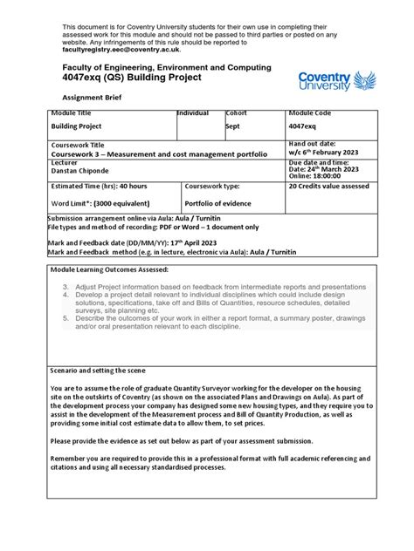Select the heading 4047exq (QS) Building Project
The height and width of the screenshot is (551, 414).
(x=131, y=78)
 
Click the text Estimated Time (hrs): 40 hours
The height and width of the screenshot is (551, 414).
(x=99, y=186)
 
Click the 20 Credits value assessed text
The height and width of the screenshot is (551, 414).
(x=328, y=186)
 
